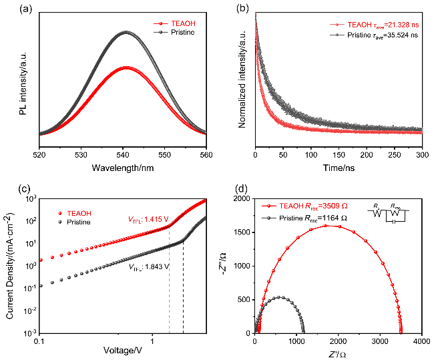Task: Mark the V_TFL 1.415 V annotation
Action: [x=150, y=218]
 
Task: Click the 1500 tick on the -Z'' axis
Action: [x=243, y=232]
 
